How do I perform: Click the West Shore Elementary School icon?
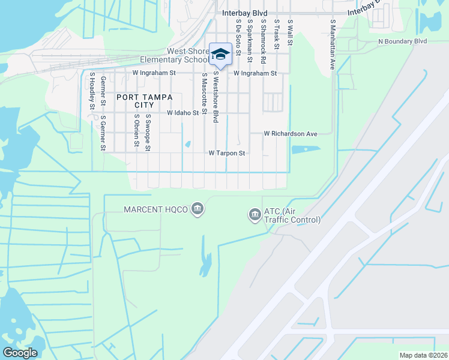[220, 55]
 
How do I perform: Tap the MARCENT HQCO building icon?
[197, 209]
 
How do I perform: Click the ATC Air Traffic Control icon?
[254, 214]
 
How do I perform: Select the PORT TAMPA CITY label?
[144, 101]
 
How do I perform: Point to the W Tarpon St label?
[227, 154]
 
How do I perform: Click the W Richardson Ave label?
[291, 134]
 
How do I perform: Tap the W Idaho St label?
[182, 113]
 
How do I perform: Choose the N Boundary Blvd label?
[402, 41]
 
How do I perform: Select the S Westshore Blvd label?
[215, 98]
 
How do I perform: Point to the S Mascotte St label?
[205, 94]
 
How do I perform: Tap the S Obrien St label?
[137, 130]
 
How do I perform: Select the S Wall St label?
[290, 29]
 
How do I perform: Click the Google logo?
[20, 353]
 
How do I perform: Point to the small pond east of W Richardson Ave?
[305, 149]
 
